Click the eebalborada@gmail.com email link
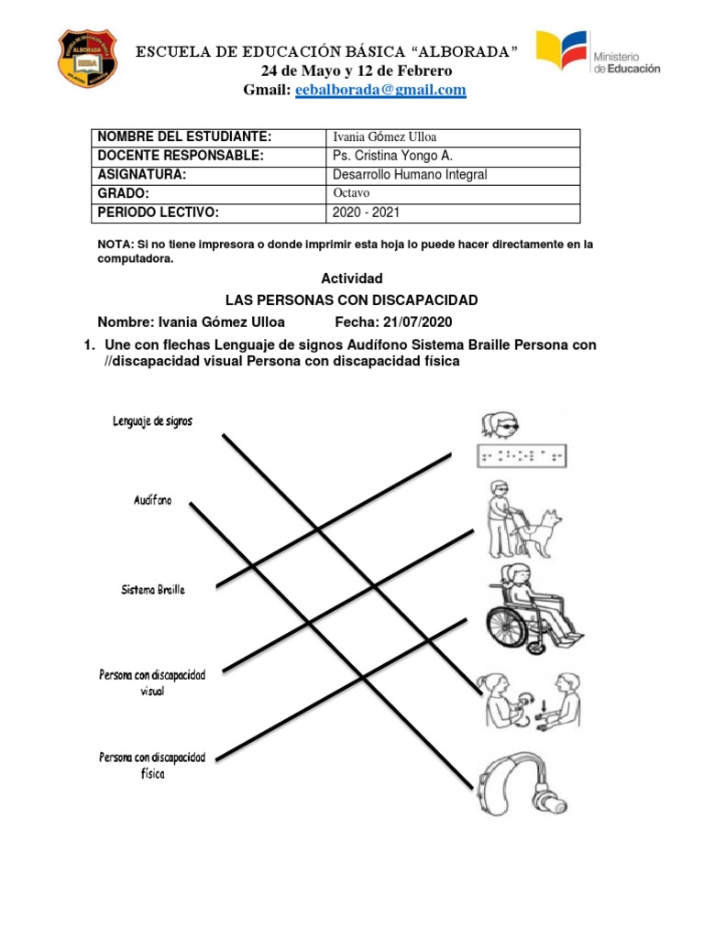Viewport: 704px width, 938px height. pos(379,90)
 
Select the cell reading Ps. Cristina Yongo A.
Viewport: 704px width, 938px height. pos(392,156)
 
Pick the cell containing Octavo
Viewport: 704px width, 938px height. pos(351,193)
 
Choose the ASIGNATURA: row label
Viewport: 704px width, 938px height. pos(142,174)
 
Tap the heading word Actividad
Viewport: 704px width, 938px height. pos(351,278)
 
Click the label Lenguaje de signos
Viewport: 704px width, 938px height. pos(153,421)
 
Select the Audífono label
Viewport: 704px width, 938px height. pos(152,501)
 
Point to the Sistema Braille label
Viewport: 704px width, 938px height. pos(153,590)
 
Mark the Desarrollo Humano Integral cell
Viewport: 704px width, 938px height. pos(410,174)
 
